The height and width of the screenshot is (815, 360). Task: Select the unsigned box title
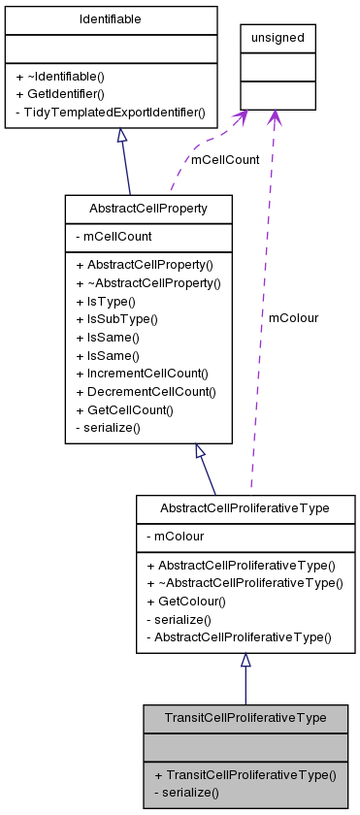[x=278, y=38]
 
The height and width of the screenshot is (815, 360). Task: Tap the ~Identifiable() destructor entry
[x=65, y=76]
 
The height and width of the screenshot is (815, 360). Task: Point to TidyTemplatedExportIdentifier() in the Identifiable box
[x=110, y=113]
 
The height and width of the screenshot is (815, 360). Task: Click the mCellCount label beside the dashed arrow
[x=225, y=160]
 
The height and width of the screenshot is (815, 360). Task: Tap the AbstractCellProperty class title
[x=147, y=209]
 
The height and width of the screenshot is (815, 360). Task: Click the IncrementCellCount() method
[x=146, y=373]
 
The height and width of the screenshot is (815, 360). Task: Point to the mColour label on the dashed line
[x=293, y=317]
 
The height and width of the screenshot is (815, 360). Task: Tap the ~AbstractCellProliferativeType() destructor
[x=244, y=582]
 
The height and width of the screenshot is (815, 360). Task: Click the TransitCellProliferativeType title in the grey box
[x=245, y=718]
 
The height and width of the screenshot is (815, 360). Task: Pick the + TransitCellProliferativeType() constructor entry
[x=245, y=774]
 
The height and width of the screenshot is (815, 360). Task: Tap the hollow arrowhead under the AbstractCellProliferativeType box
[x=245, y=660]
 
